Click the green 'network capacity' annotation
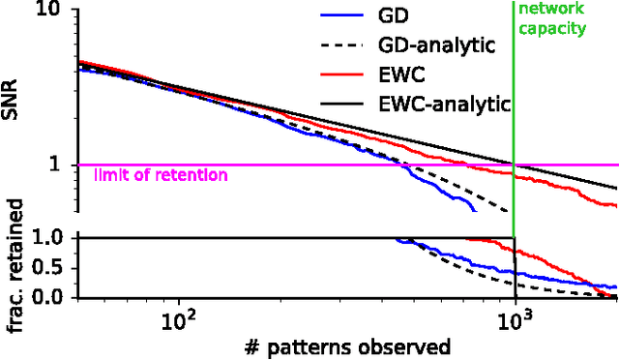point(552,19)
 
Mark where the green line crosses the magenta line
point(514,165)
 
